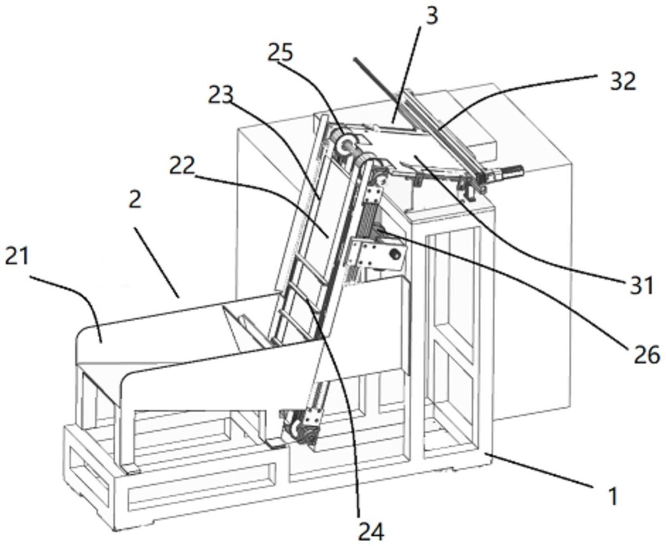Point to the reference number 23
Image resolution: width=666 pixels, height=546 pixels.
[221, 96]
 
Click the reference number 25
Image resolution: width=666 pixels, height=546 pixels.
[280, 53]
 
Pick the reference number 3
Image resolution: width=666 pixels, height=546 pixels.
[430, 17]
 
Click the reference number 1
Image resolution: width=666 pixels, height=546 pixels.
[612, 496]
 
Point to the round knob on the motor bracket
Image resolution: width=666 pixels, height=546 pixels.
[395, 254]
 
